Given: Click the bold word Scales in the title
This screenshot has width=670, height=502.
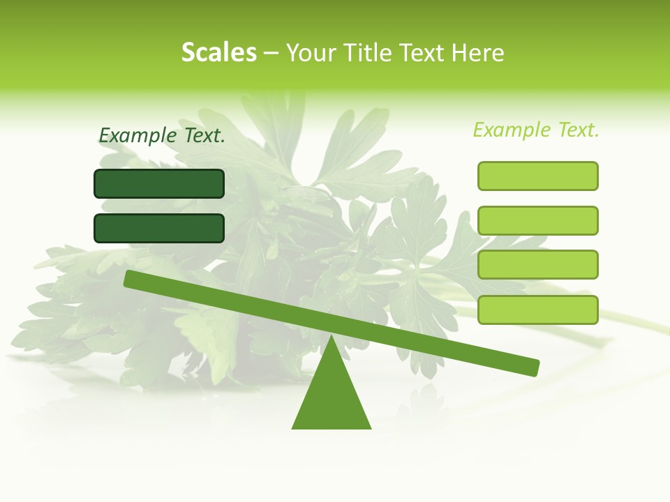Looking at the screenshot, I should pyautogui.click(x=218, y=52).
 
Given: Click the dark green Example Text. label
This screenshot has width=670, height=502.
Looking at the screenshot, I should pyautogui.click(x=162, y=136).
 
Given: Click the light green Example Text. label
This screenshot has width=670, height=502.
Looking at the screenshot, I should pyautogui.click(x=536, y=130).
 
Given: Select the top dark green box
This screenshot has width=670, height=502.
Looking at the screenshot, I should pyautogui.click(x=159, y=183).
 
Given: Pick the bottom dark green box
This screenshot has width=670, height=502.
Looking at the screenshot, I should pyautogui.click(x=159, y=228).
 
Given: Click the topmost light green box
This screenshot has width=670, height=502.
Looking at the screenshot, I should pyautogui.click(x=537, y=176).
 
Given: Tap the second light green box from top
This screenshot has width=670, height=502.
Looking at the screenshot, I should pyautogui.click(x=537, y=220).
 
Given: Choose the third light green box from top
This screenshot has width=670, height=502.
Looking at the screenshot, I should pyautogui.click(x=537, y=265).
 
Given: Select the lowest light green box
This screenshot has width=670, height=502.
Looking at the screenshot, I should pyautogui.click(x=537, y=310).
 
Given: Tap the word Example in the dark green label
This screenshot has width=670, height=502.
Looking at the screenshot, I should pyautogui.click(x=138, y=136).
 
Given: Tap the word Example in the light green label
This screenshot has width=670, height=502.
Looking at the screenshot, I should pyautogui.click(x=512, y=130).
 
